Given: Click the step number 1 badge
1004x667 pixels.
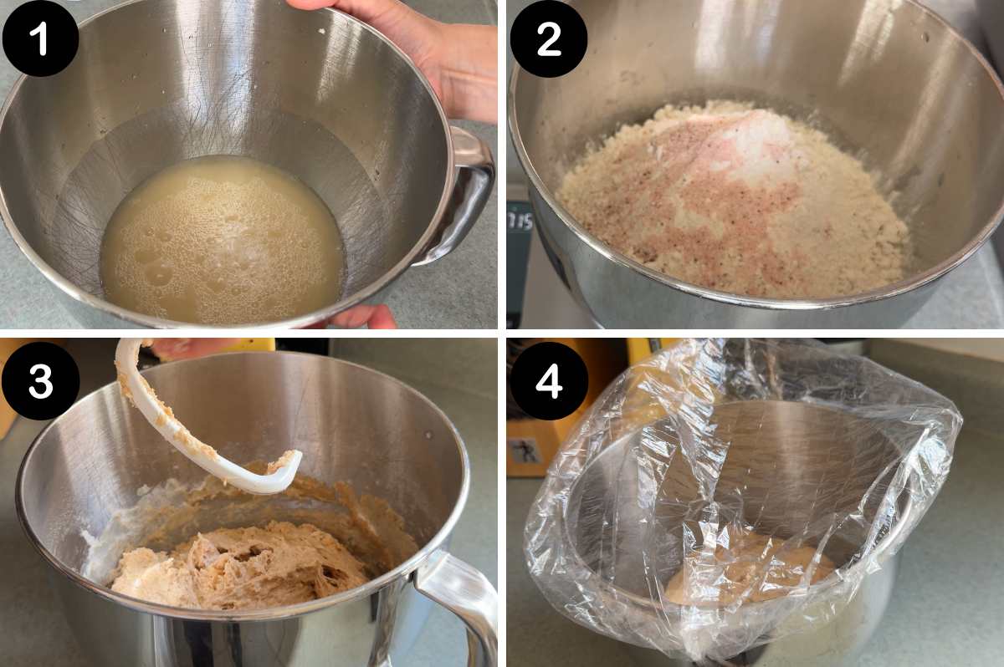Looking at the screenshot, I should [40, 38].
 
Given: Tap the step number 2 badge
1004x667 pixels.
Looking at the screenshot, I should [549, 38].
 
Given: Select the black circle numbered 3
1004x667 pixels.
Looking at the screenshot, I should [40, 380].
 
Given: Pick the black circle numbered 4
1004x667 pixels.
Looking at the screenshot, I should [549, 380].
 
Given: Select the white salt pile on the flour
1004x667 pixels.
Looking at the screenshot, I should [753, 146].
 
